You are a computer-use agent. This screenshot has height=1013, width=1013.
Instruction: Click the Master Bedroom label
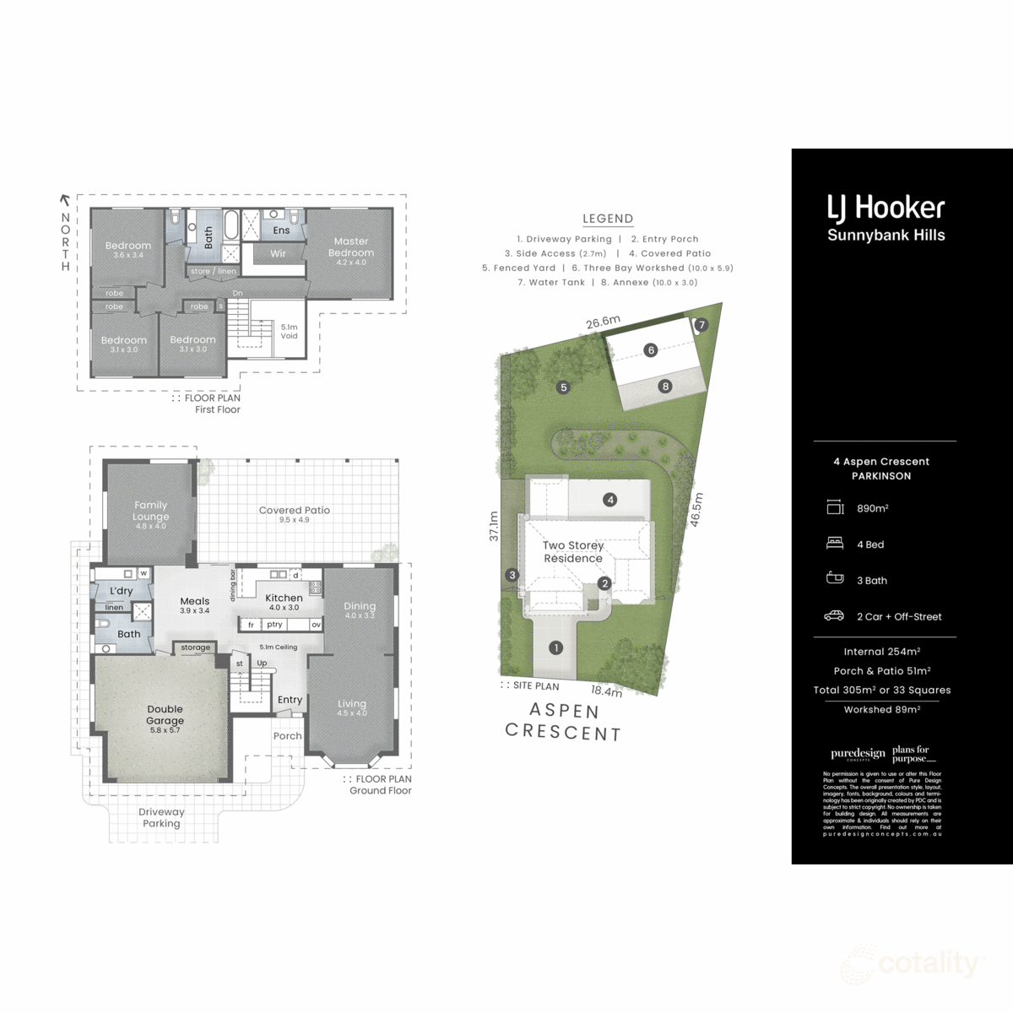(350, 246)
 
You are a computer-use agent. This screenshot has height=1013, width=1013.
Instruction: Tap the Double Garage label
(165, 715)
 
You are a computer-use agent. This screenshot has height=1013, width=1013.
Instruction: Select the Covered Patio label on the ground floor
(294, 510)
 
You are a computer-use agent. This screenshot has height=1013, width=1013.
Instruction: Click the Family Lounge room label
(151, 511)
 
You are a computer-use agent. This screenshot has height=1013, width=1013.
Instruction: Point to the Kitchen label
(284, 598)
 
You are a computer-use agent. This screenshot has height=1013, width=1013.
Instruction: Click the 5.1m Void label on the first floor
(289, 331)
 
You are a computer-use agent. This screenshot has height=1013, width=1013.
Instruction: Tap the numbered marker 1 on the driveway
(555, 648)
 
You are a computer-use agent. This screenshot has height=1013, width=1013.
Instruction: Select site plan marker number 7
(702, 324)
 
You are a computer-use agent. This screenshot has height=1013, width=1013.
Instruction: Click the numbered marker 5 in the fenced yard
(563, 387)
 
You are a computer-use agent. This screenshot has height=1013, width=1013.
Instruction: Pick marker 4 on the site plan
(609, 500)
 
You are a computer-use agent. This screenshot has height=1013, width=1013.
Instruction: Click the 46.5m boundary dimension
(697, 510)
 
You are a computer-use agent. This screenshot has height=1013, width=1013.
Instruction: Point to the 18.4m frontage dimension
(606, 691)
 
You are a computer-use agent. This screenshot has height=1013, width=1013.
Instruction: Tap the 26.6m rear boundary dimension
(604, 322)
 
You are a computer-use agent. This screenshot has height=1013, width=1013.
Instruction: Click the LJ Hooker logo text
(886, 208)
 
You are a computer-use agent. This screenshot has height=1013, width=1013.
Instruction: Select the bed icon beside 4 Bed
(834, 544)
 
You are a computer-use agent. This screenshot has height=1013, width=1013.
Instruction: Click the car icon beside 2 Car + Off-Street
(834, 616)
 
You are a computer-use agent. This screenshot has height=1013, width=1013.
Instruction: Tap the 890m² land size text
(872, 508)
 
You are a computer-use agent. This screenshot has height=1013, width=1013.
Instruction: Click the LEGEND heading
(608, 219)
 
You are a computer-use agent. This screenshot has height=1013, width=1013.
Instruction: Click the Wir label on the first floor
(278, 253)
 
